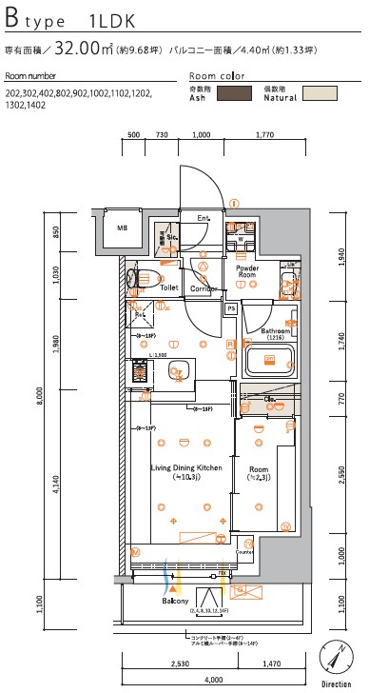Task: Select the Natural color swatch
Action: tap(320, 93)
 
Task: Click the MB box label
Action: tap(122, 228)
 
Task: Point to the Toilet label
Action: tap(169, 286)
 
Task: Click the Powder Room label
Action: tap(247, 272)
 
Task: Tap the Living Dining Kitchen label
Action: tap(185, 468)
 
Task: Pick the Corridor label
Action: tap(204, 287)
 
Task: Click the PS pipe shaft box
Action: tap(231, 308)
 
